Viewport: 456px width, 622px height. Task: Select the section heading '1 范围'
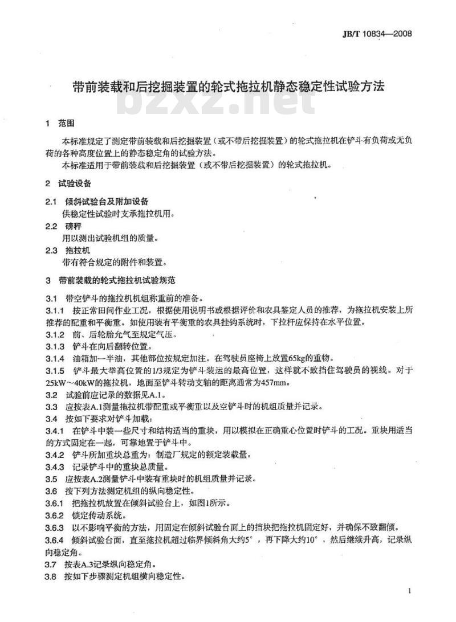click(59, 123)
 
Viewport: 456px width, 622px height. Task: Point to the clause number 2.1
click(51, 202)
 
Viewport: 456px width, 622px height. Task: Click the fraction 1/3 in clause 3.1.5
click(184, 370)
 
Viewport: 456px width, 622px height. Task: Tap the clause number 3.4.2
click(55, 455)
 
